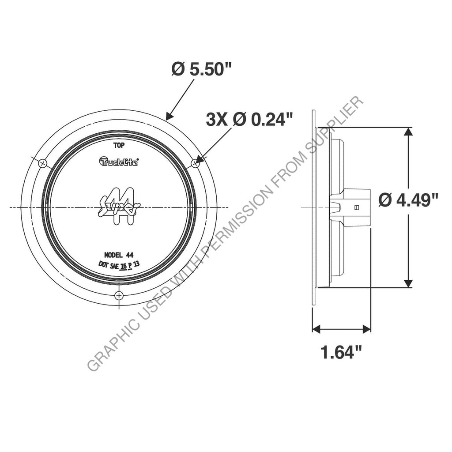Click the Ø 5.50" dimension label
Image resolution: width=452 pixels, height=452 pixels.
[201, 70]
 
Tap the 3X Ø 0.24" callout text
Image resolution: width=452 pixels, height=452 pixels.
[249, 120]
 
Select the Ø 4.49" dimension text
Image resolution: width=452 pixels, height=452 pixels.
[408, 200]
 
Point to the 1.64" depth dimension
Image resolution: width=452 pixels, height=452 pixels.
[341, 353]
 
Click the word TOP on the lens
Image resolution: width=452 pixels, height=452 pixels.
[119, 144]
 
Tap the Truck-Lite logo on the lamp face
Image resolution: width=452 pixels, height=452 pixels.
[119, 162]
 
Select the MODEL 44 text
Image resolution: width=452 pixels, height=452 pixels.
[119, 255]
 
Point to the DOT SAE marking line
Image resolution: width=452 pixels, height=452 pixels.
[120, 265]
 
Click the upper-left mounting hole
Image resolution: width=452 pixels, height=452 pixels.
[42, 163]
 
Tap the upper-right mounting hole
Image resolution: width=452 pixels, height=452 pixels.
[195, 163]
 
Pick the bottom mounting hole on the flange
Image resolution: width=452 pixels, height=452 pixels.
[119, 295]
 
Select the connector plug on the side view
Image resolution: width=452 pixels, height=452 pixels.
[353, 207]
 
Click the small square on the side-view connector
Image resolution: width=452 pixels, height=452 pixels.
[357, 207]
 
